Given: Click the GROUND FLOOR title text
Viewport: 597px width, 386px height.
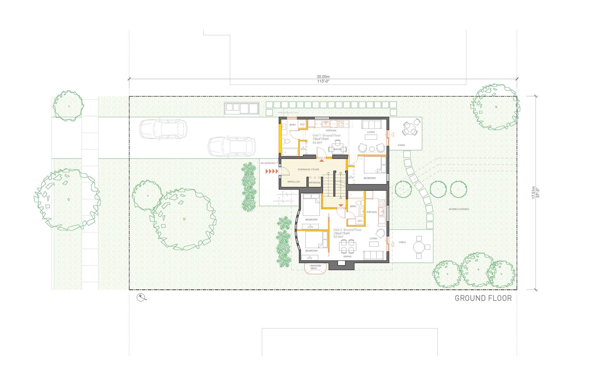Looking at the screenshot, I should click(483, 298).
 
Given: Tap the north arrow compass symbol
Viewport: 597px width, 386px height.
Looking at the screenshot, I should click(142, 297).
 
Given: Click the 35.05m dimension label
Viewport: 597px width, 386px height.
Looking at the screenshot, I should click(323, 76).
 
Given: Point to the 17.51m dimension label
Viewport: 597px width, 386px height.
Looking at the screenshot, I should click(533, 193).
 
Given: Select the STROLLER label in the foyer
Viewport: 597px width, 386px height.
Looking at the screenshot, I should click(294, 182).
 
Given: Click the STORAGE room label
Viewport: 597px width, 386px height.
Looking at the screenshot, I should click(315, 182).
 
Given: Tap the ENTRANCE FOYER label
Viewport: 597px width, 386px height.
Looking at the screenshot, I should click(308, 169).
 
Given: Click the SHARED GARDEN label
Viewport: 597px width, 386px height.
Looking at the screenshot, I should click(459, 209).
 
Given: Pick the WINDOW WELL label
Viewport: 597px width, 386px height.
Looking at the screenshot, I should click(316, 267).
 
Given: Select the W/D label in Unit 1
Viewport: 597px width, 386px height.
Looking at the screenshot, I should click(302, 125).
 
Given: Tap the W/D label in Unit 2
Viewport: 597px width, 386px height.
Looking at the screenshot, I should click(360, 221).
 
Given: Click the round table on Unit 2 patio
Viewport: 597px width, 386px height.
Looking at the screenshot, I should click(419, 247).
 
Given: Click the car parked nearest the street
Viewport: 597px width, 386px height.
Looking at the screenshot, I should click(163, 128).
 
